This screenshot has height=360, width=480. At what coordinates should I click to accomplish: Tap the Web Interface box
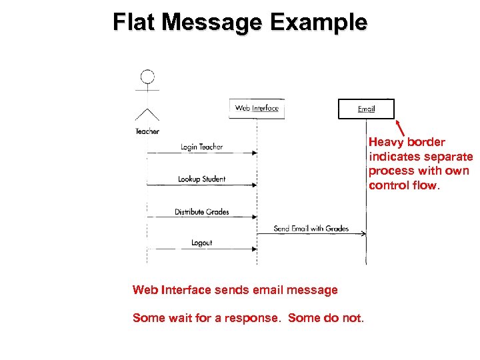point(257,108)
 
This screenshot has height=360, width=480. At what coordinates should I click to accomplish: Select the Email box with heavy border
point(366,109)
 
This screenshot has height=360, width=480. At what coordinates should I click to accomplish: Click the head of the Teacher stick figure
point(147,77)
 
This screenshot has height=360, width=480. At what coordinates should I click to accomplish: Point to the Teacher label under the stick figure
point(147,131)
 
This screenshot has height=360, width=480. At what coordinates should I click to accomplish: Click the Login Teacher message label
point(201,147)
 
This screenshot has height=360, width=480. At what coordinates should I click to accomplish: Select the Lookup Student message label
point(201,179)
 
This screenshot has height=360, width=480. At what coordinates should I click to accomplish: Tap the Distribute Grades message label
point(201,212)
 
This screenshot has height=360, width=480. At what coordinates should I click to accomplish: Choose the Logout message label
point(201,243)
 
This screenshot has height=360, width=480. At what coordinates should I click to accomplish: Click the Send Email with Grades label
point(311,228)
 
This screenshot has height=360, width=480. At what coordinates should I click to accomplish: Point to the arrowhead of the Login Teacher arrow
point(254,153)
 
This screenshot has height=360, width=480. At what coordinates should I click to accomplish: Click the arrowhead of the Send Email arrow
point(363,233)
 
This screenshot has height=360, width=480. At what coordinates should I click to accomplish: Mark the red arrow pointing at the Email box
point(401,127)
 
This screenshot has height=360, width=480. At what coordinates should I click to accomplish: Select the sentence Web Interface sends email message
point(235,290)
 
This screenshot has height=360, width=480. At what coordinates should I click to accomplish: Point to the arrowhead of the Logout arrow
point(254,249)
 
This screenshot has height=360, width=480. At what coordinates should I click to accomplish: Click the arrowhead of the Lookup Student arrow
point(254,185)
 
